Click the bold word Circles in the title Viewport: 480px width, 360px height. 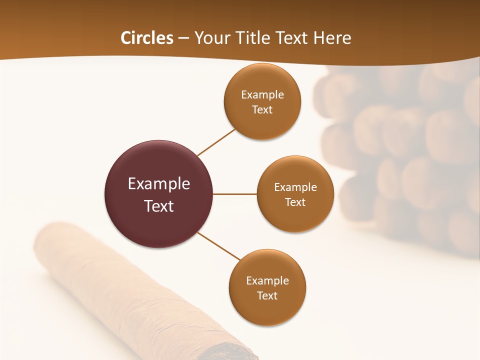[146, 38]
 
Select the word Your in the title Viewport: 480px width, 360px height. [210, 38]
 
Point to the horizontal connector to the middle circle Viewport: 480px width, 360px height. [235, 194]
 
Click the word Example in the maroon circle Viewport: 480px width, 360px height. [159, 184]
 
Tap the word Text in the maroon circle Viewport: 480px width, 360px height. [159, 206]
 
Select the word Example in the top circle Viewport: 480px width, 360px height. [262, 95]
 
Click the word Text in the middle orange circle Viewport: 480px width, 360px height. [295, 202]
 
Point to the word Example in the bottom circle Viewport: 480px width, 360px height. [267, 281]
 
